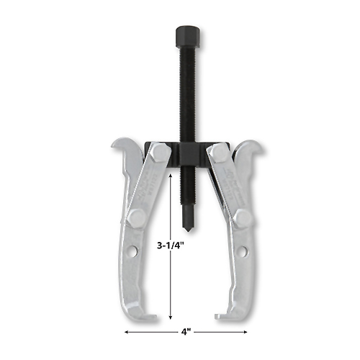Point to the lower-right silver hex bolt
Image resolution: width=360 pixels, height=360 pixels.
(x=243, y=218)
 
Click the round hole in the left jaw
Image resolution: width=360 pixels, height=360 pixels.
(x=133, y=251)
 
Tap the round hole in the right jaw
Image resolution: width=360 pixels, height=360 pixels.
(x=243, y=251)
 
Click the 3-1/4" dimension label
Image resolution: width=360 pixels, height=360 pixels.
(x=171, y=246)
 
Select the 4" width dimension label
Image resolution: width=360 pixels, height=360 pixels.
(x=186, y=332)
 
